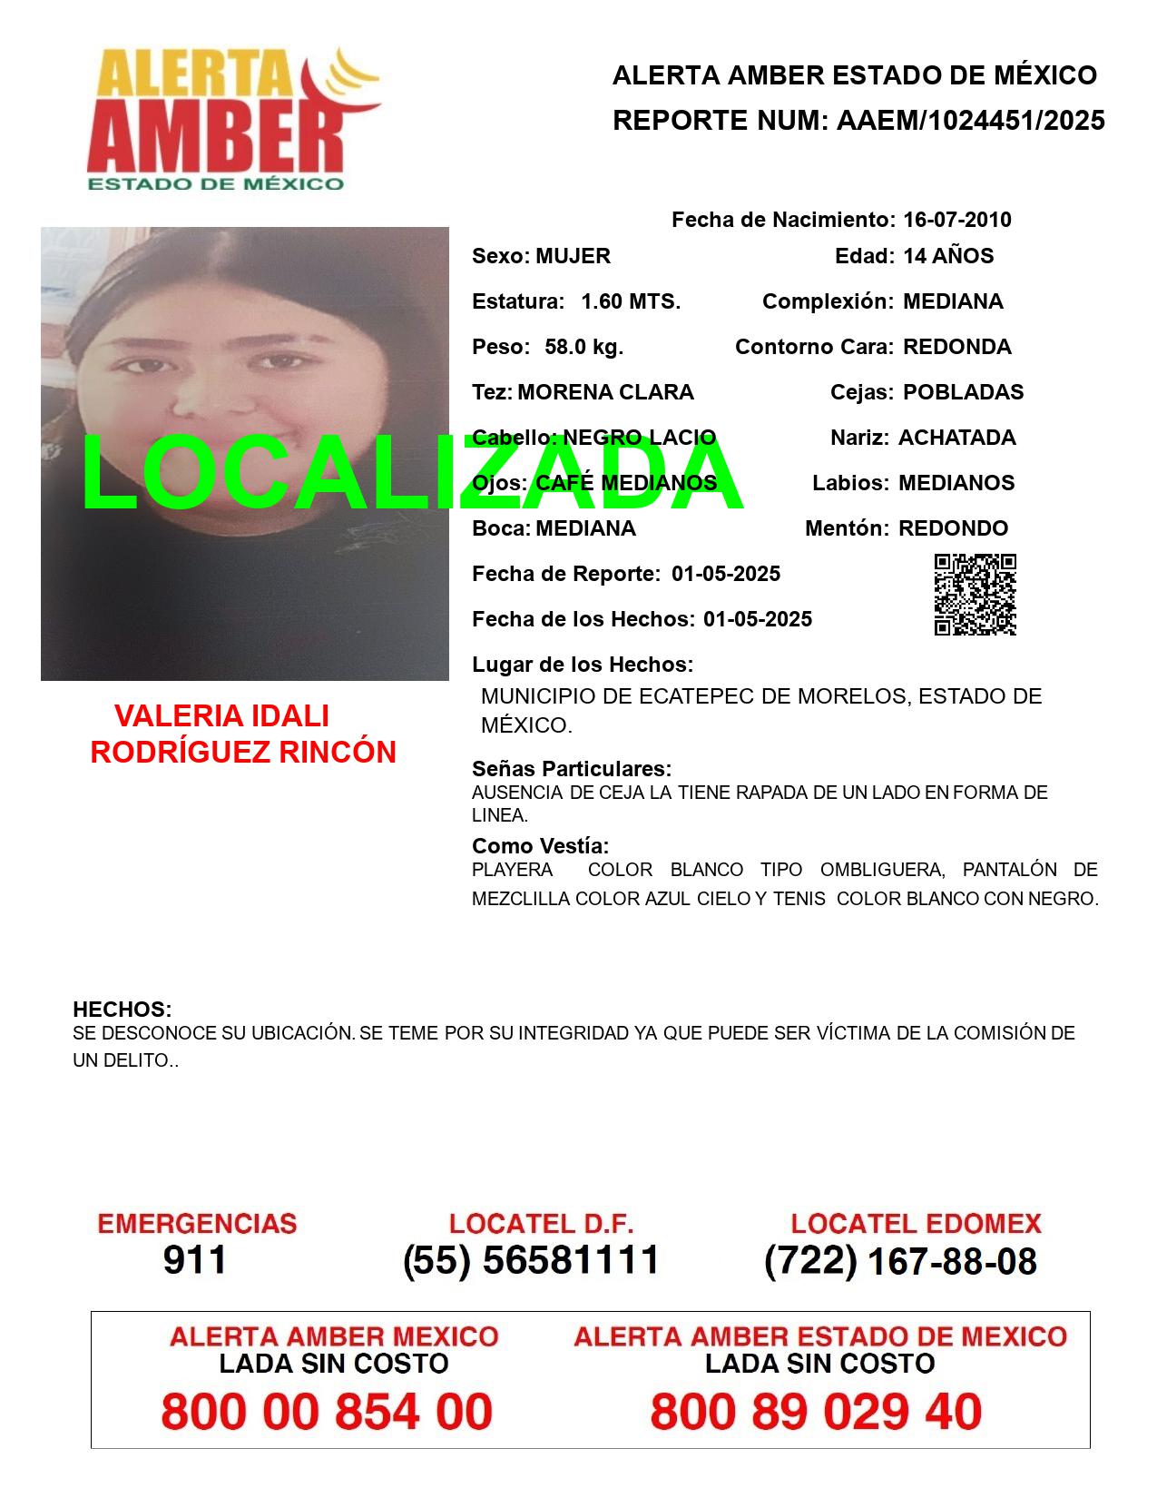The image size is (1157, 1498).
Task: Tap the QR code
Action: (x=975, y=595)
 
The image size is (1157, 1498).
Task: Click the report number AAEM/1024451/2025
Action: (x=970, y=121)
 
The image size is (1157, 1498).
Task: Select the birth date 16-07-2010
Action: (x=956, y=220)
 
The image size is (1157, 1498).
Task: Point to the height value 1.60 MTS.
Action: (x=631, y=301)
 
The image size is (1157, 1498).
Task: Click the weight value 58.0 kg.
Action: (x=583, y=347)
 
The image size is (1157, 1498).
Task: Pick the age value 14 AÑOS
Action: (x=948, y=256)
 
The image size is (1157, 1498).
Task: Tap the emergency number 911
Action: (x=195, y=1260)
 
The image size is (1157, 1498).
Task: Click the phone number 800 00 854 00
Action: (x=327, y=1412)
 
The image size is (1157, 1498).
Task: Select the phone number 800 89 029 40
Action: (x=816, y=1412)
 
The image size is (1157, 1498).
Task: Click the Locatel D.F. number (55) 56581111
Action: (x=532, y=1260)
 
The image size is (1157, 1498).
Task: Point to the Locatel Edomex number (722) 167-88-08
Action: (x=900, y=1261)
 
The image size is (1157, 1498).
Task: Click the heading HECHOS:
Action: (x=123, y=1010)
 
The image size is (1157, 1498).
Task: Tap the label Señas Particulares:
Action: (x=572, y=769)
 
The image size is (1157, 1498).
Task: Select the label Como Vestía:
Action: (x=540, y=846)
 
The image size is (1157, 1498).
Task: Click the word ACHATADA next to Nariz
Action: (x=956, y=438)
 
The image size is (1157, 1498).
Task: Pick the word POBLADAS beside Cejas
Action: (x=963, y=392)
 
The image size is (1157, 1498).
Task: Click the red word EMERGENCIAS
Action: (x=197, y=1224)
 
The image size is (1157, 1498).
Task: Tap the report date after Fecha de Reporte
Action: (x=726, y=574)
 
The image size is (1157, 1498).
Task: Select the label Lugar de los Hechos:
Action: (x=583, y=665)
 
